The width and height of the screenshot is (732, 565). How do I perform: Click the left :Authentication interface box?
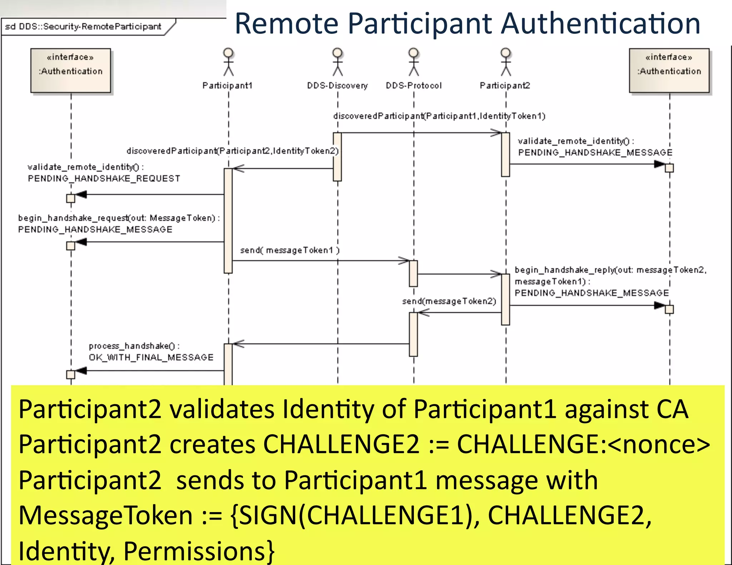pos(71,70)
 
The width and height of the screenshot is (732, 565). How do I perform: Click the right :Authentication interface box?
pos(669,70)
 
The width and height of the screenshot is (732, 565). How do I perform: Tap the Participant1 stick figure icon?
pos(228,62)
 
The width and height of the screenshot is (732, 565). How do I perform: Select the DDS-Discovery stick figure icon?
pos(337,62)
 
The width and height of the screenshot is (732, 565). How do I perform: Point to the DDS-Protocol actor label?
pos(414,86)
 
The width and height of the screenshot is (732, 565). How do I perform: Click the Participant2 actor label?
pos(505,86)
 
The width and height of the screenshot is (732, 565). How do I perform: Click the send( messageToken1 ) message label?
pos(290,250)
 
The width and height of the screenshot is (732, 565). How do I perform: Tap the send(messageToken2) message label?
pos(449,301)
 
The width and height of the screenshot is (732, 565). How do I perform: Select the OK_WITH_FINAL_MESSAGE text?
pos(151,357)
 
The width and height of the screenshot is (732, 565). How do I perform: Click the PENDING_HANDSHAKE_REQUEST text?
pos(104,179)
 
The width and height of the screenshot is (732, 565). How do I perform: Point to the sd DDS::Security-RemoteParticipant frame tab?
pos(83,27)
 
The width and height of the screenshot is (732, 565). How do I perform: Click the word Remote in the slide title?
pos(286,24)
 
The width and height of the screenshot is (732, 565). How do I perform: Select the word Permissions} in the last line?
pos(199,551)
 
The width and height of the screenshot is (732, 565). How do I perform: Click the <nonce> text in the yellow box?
pos(658,445)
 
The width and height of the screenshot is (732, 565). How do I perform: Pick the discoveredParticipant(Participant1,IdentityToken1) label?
pos(439,116)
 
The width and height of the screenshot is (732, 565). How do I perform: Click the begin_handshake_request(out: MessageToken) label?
pos(119,218)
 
